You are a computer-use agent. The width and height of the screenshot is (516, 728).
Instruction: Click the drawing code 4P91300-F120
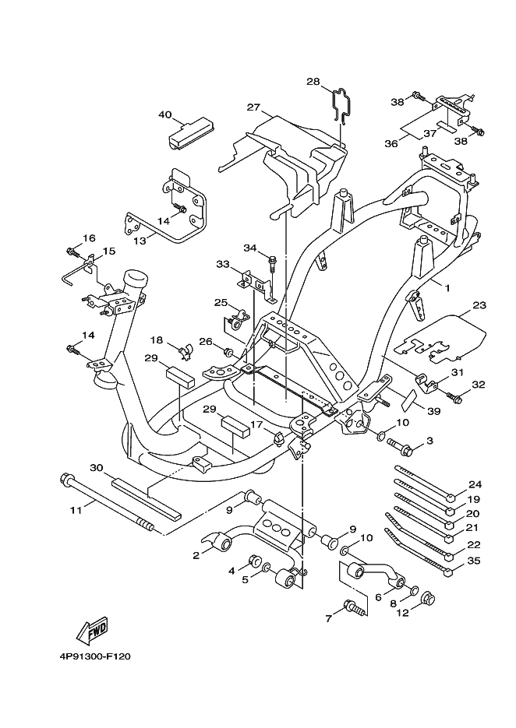click(94, 656)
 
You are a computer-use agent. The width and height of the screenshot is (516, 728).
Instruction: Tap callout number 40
click(164, 114)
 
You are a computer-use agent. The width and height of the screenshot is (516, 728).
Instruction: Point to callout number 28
click(313, 81)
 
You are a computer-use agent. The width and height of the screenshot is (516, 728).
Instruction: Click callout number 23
click(479, 305)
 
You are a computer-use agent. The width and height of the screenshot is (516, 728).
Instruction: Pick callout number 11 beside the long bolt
click(76, 511)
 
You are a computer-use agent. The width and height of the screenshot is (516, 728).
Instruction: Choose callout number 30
click(97, 468)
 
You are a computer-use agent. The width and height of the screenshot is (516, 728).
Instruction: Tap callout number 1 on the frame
click(447, 288)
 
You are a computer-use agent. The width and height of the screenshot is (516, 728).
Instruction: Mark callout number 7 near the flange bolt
click(329, 618)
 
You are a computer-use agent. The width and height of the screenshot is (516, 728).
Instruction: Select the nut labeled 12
click(427, 600)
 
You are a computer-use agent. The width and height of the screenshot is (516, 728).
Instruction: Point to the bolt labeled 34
click(274, 263)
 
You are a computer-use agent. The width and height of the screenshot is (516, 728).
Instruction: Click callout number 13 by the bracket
click(140, 241)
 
